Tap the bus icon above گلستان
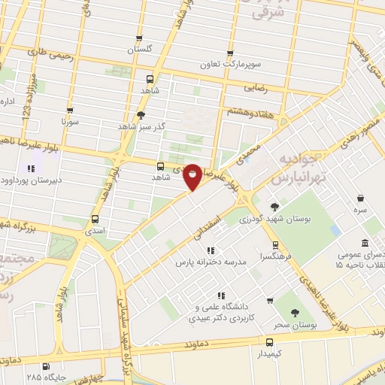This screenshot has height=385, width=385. (x=138, y=39)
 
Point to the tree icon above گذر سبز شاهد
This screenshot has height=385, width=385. (x=140, y=114)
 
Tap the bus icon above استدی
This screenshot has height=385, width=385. (x=95, y=219)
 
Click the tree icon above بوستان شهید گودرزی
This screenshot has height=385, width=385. (x=274, y=207)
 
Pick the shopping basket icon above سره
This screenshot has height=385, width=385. (x=362, y=199)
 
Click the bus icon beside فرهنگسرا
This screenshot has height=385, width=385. (x=275, y=244)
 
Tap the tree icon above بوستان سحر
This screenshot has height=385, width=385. (x=294, y=313)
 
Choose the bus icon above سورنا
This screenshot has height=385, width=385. (x=69, y=110)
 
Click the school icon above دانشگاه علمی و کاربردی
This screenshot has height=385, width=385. (x=220, y=296)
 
